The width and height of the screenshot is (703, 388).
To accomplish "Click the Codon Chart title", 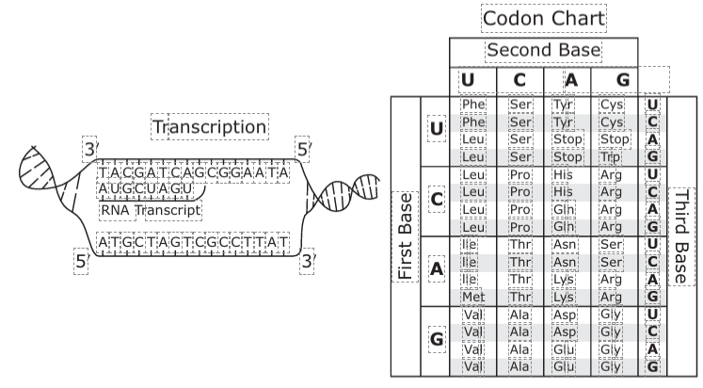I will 543,18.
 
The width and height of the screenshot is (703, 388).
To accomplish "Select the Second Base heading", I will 543,51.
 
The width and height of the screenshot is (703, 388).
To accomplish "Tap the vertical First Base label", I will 407,235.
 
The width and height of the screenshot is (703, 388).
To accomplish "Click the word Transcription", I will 210,127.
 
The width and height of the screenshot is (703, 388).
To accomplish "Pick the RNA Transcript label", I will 151,210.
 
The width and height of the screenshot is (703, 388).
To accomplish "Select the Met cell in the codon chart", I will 473,297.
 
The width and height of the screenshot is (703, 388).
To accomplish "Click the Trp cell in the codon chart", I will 611,156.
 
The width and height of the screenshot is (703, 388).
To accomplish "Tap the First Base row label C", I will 436,200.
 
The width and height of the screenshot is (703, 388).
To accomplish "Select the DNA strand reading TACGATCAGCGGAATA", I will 194,171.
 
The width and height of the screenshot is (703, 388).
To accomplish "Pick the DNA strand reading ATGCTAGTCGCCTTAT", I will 193,241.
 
